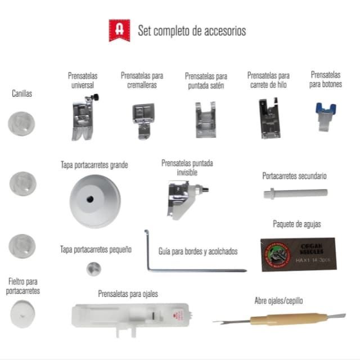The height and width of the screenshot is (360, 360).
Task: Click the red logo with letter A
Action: (119, 30)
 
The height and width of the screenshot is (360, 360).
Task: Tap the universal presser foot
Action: (81, 118)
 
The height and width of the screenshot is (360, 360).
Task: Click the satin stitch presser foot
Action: (205, 119)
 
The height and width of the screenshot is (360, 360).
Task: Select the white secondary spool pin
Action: (295, 193)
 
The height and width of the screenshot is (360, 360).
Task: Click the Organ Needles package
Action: (298, 254)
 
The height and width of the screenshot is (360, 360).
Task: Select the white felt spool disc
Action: (22, 312)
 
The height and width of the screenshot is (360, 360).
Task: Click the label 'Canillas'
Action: (22, 94)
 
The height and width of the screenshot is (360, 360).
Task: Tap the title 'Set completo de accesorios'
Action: (192, 31)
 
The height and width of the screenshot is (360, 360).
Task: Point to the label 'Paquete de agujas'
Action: (297, 224)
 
